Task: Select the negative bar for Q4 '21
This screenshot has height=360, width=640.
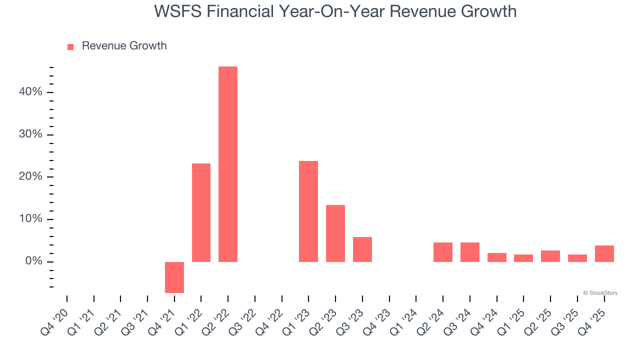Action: [x=174, y=277]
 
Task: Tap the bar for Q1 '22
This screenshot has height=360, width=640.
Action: [x=201, y=212]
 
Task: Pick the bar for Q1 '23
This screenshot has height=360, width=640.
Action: [x=308, y=211]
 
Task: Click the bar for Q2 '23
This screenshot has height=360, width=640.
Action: [x=335, y=233]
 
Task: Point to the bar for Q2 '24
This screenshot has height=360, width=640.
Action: [x=443, y=252]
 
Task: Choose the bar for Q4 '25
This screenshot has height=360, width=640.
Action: [x=604, y=253]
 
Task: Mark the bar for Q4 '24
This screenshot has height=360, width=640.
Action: [x=497, y=257]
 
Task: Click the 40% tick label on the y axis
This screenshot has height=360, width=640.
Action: [x=30, y=92]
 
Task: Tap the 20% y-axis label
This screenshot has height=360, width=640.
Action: [x=30, y=177]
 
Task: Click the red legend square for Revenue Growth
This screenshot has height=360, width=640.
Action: [x=70, y=46]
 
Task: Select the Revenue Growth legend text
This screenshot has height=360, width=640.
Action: [x=124, y=46]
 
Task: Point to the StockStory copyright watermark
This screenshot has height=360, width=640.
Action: [x=600, y=293]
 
